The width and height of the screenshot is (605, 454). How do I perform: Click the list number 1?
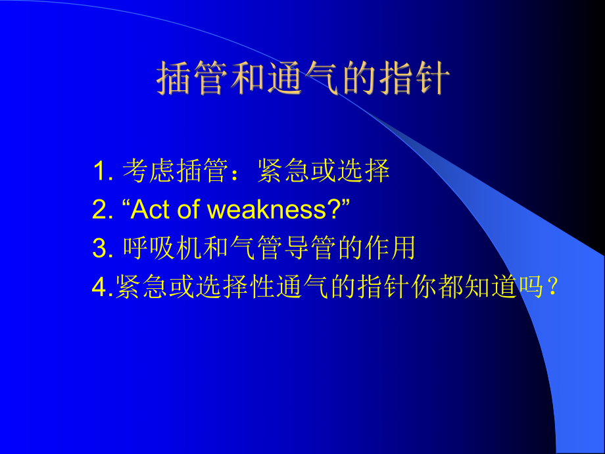coord(100,172)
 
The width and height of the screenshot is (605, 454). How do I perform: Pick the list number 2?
coord(100,211)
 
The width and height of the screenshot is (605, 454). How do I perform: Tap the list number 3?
coord(100,249)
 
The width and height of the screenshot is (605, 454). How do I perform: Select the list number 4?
coord(99,288)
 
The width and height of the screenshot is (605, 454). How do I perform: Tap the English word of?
coord(187,211)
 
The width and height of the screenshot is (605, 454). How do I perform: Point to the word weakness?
coord(266,211)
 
